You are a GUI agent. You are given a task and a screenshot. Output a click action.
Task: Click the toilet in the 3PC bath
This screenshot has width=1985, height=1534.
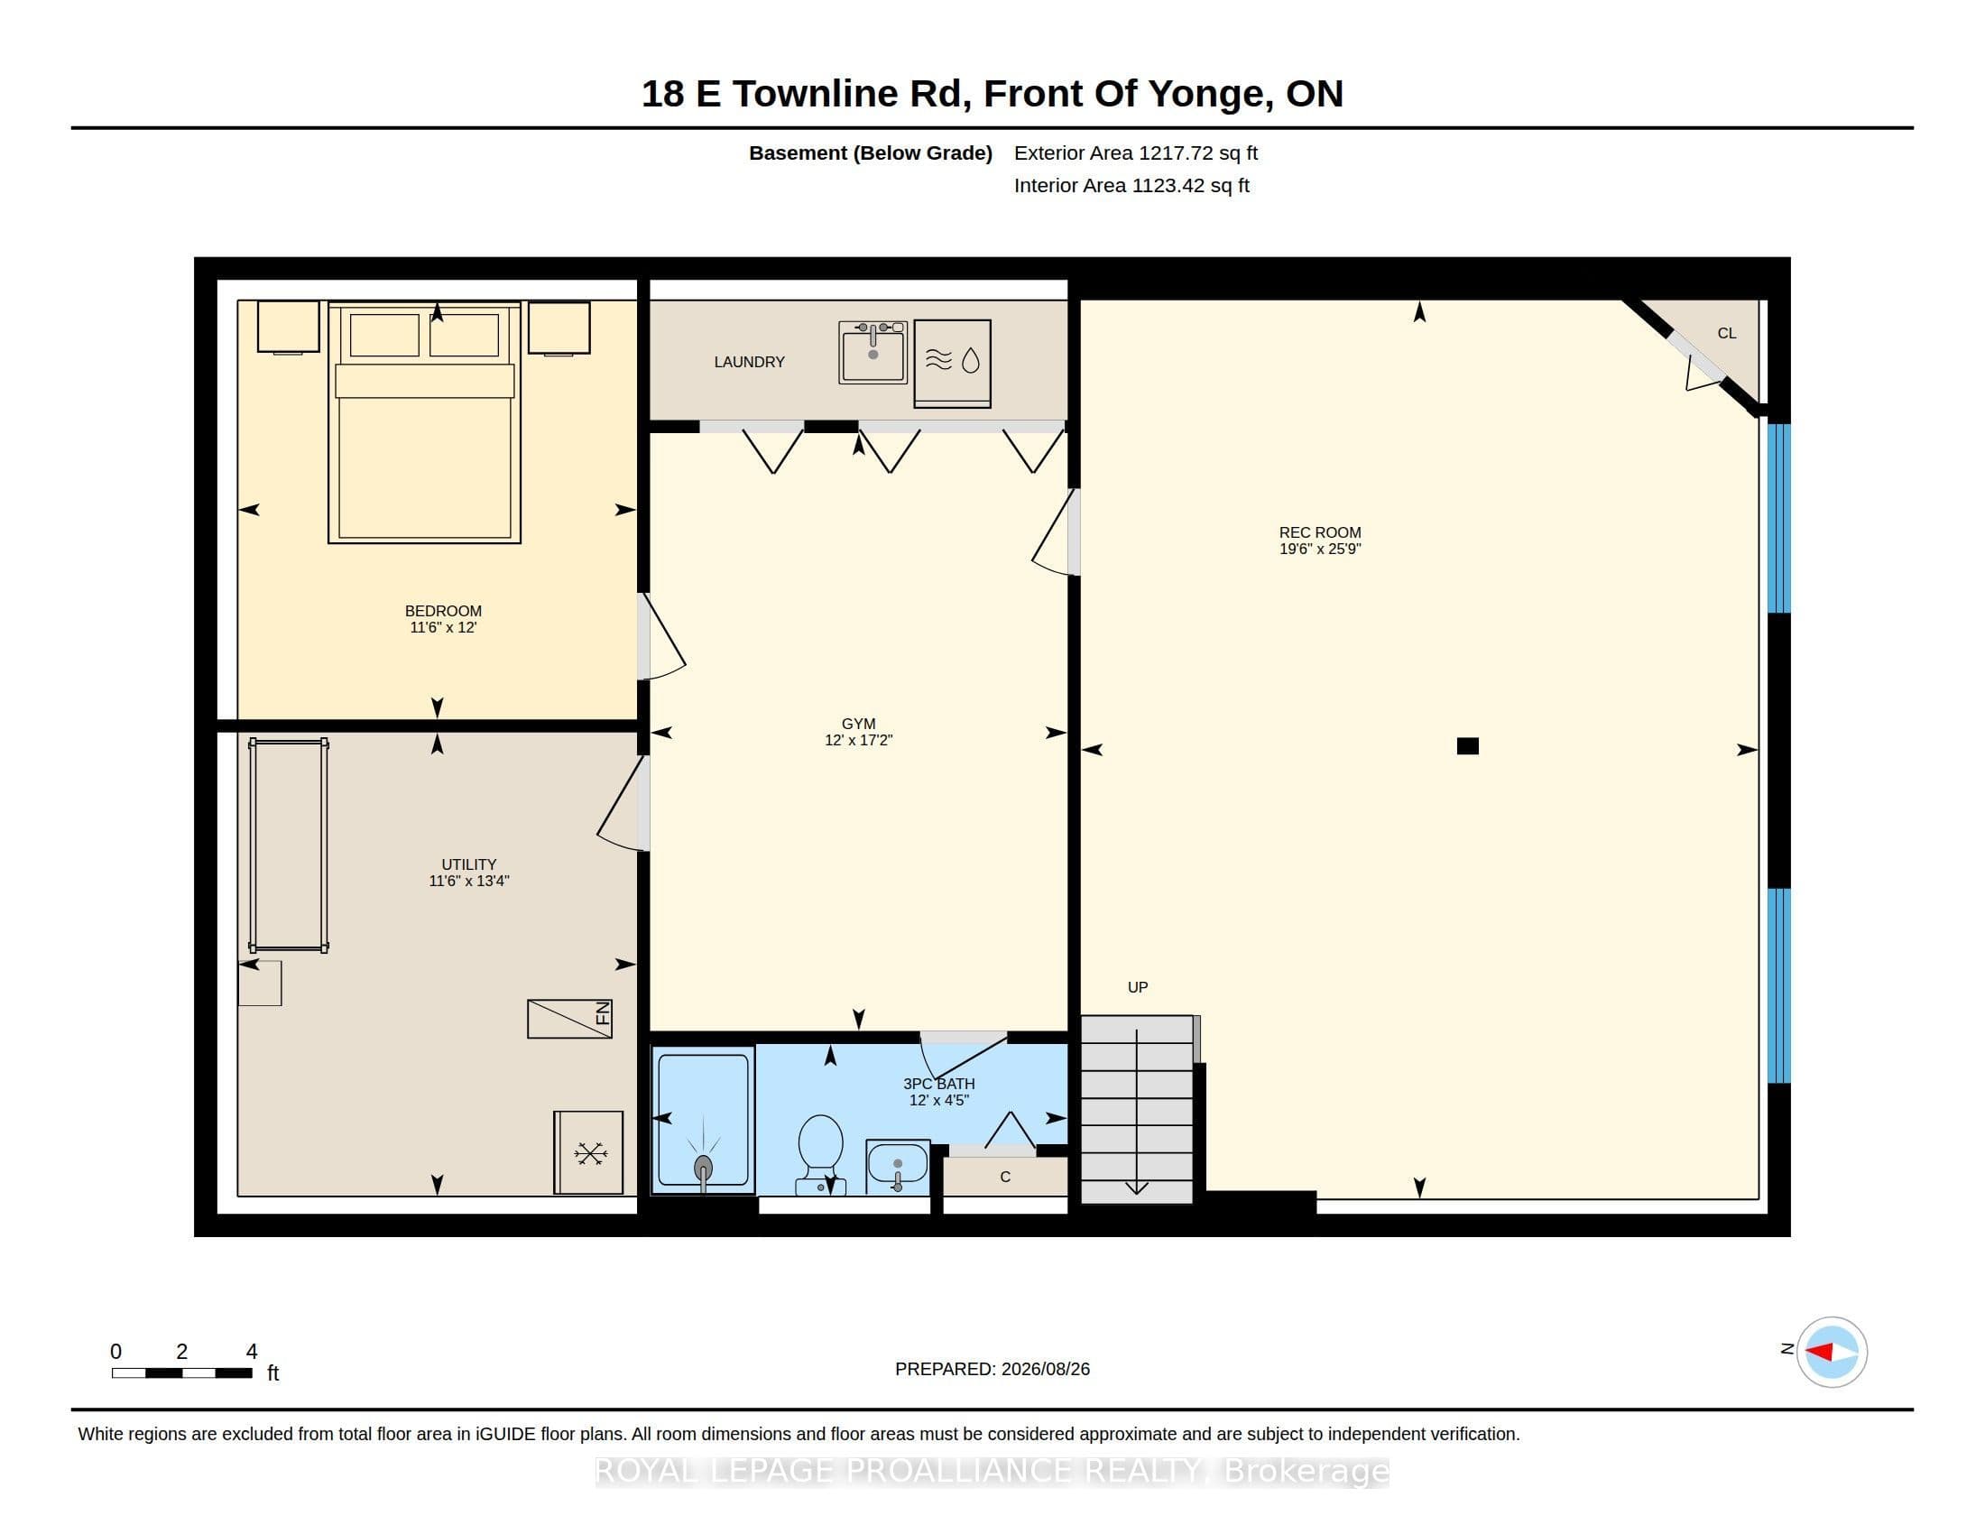(x=821, y=1154)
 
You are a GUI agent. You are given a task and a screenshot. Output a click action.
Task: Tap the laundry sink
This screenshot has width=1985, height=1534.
(x=872, y=352)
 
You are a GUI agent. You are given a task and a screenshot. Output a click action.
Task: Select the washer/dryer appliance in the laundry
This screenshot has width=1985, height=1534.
(x=952, y=363)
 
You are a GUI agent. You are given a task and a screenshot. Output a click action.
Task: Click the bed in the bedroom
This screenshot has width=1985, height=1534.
(x=424, y=422)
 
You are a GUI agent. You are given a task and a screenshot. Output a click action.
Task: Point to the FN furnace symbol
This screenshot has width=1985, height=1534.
(x=570, y=1019)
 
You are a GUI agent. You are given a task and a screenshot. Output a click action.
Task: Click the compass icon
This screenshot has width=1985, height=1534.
(x=1832, y=1352)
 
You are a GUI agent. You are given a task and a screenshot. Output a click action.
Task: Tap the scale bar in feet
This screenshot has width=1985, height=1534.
(x=181, y=1372)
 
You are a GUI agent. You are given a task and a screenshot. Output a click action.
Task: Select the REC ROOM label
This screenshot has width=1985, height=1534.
(x=1320, y=532)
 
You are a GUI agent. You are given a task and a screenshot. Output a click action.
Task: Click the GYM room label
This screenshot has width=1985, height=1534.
(x=858, y=724)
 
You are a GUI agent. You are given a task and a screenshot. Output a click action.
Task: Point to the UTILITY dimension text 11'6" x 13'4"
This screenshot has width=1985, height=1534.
(x=469, y=881)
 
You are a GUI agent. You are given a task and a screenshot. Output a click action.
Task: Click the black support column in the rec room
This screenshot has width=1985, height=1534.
(x=1468, y=746)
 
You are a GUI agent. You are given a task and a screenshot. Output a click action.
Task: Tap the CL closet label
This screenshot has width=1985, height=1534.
(x=1727, y=334)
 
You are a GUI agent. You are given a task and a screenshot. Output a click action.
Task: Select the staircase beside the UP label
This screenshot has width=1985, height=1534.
(x=1136, y=1110)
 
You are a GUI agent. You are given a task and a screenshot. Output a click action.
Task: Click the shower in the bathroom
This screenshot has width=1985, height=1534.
(x=704, y=1120)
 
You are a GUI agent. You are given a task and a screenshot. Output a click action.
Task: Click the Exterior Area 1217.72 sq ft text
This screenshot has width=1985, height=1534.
(x=1136, y=152)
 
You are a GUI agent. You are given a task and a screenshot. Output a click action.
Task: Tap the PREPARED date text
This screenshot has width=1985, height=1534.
(x=992, y=1369)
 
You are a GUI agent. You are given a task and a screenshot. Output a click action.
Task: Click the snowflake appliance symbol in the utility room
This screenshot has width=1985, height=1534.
(x=589, y=1152)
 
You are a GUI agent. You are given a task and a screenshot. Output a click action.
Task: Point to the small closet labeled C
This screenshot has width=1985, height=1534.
(x=1005, y=1177)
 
